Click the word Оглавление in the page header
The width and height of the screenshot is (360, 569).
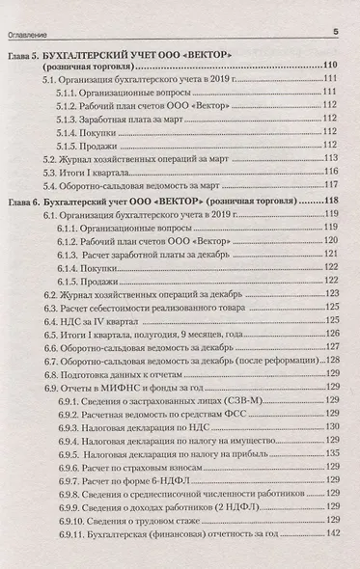34,31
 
